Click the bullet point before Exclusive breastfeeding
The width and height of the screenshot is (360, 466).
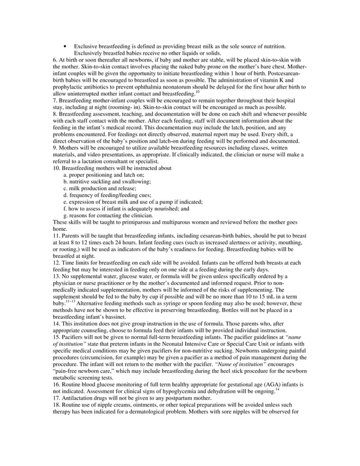(x=67, y=46)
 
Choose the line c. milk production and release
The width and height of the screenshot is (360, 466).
(x=106, y=188)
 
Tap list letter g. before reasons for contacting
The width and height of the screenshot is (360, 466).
(x=65, y=215)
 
